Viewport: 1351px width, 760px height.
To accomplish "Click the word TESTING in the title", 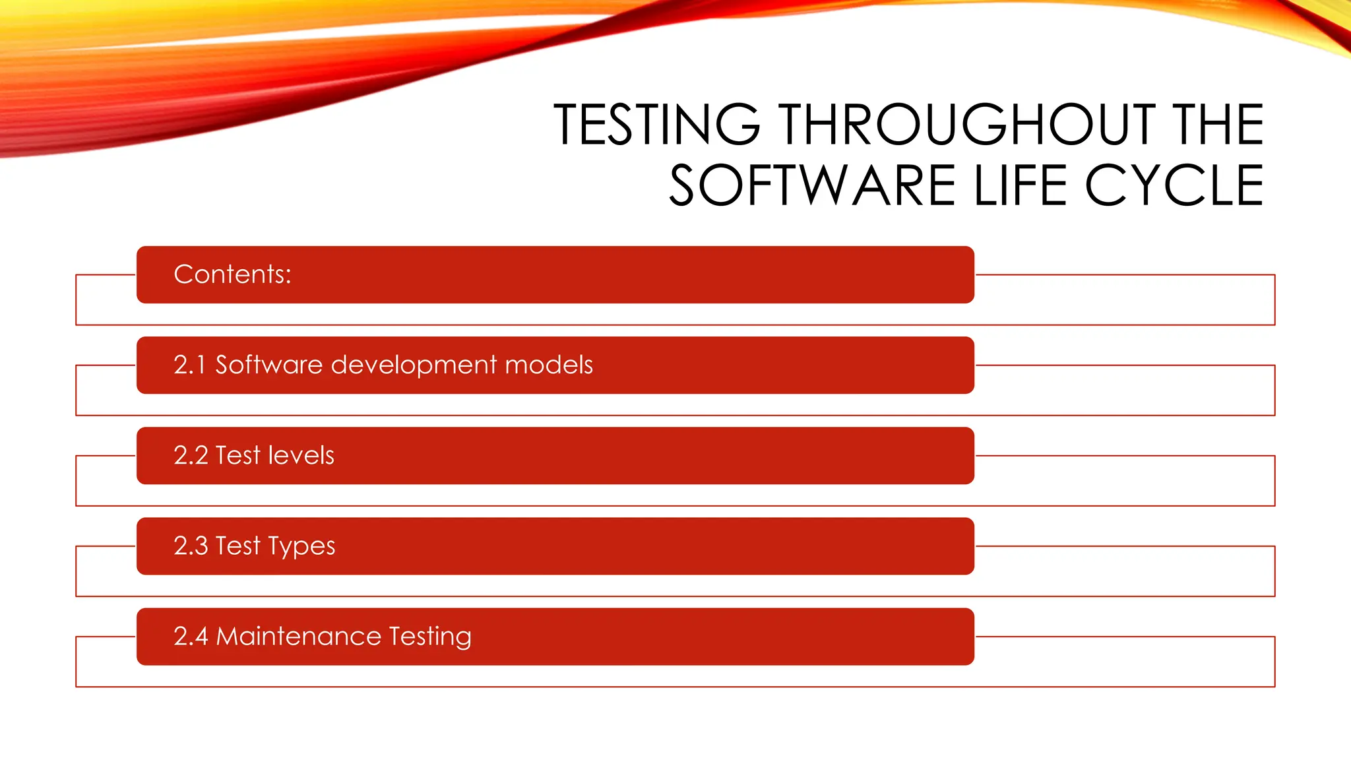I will pos(656,125).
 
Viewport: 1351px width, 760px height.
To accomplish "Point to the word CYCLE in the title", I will pos(1174,186).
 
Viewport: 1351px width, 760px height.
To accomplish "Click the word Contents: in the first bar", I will pos(232,274).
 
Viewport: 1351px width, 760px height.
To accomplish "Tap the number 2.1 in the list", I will pos(189,365).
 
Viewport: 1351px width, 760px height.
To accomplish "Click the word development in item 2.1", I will pos(414,365).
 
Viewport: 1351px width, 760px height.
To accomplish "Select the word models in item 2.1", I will pos(549,365).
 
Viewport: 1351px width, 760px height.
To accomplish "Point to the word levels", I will pos(301,455).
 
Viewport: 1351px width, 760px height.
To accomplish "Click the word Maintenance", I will pos(299,636).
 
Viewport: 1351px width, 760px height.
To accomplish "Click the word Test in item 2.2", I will pos(238,455).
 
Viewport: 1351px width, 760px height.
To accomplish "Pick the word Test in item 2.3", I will pos(238,546).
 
